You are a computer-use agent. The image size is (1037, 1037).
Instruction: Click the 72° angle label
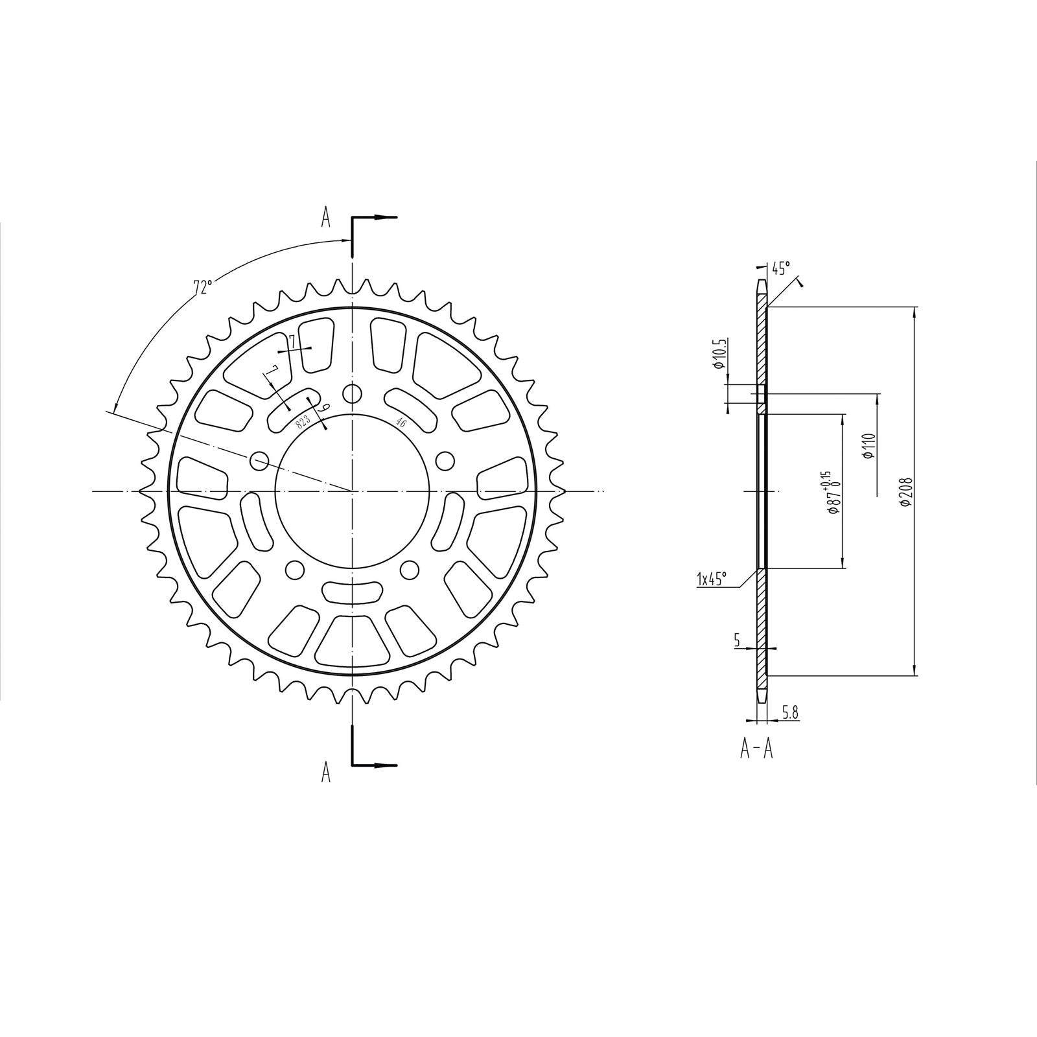(x=202, y=286)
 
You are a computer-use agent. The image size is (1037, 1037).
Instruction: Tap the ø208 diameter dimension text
(x=907, y=493)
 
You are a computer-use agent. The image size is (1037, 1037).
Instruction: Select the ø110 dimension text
(x=870, y=446)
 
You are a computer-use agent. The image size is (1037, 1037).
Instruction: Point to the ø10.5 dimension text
(x=718, y=353)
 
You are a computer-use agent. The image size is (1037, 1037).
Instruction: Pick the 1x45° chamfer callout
(x=712, y=578)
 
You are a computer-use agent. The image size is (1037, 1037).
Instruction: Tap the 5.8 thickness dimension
(x=790, y=713)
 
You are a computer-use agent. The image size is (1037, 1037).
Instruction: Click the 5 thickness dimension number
(x=737, y=640)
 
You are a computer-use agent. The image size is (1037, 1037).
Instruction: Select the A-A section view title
(x=757, y=749)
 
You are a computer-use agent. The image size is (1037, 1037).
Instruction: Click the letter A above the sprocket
(x=326, y=218)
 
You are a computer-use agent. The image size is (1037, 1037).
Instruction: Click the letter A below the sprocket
(x=326, y=771)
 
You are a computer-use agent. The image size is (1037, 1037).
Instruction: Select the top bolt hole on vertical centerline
(x=352, y=393)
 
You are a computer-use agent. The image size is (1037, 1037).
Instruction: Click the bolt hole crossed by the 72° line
(x=259, y=461)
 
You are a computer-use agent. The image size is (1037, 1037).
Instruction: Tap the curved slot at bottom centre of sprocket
(x=352, y=590)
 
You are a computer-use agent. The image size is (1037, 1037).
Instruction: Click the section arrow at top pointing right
(x=385, y=217)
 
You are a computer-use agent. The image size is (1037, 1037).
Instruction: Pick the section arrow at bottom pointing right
(x=385, y=765)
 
